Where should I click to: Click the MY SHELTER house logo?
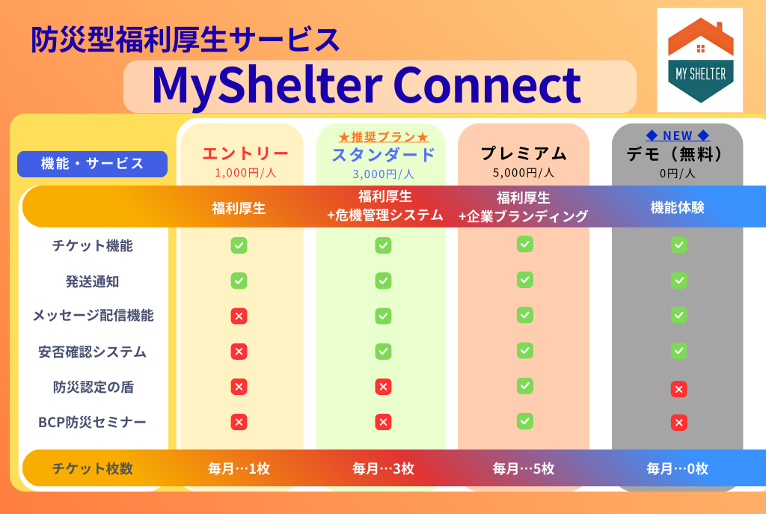point(700,60)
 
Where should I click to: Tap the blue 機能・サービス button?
point(92,164)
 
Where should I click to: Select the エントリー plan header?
point(245,153)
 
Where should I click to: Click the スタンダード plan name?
point(383,154)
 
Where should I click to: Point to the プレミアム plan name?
point(524,153)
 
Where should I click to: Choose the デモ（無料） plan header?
point(677,154)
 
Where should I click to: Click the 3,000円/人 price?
point(383,174)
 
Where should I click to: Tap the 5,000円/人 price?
point(524,173)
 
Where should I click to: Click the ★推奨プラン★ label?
point(384,137)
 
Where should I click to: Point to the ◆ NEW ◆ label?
point(678,135)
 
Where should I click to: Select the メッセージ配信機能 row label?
point(93,316)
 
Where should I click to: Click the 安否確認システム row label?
point(92,352)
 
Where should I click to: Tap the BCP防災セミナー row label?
point(92,422)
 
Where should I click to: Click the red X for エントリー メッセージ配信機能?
point(239,316)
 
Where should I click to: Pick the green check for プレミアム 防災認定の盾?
point(524,386)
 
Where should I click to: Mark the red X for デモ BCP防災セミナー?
point(678,423)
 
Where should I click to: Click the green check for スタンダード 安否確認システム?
point(383,352)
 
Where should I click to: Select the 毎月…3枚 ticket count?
point(384,468)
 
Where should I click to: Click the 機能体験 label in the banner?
point(677,208)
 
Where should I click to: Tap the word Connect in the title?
point(486,85)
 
